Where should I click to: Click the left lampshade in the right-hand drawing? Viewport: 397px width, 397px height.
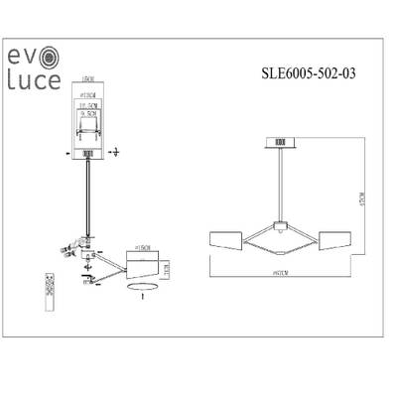coord(229,239)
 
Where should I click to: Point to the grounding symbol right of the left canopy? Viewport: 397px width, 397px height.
coord(115,152)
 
